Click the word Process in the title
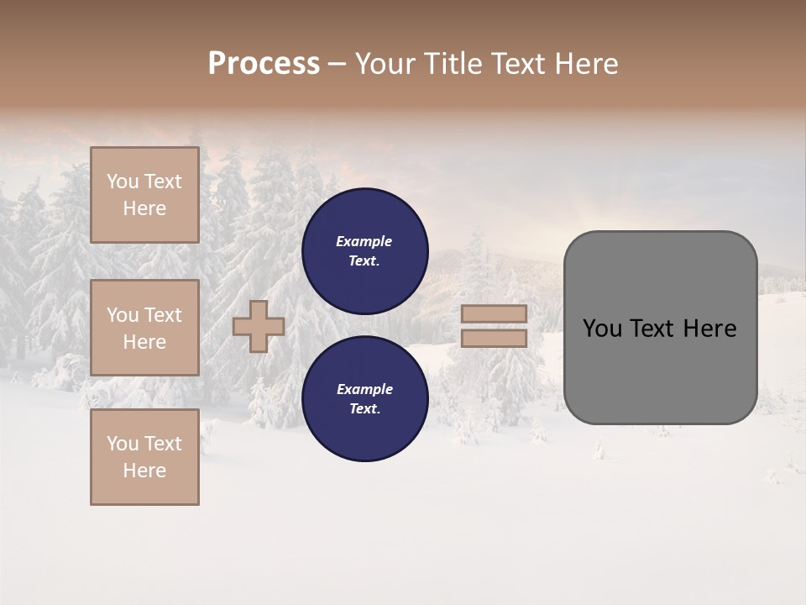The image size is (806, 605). pyautogui.click(x=264, y=64)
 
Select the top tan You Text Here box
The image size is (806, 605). pyautogui.click(x=144, y=195)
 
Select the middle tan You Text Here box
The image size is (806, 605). pyautogui.click(x=144, y=328)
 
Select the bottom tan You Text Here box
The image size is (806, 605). pyautogui.click(x=144, y=457)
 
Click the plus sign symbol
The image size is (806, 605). pyautogui.click(x=259, y=327)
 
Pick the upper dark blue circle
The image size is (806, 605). pyautogui.click(x=364, y=250)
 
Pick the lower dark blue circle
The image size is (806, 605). pyautogui.click(x=364, y=398)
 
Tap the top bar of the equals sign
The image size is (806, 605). pyautogui.click(x=494, y=314)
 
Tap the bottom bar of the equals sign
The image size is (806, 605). pyautogui.click(x=494, y=339)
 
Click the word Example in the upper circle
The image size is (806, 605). pyautogui.click(x=364, y=241)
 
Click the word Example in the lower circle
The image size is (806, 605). pyautogui.click(x=364, y=389)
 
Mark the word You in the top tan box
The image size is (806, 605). pyautogui.click(x=123, y=181)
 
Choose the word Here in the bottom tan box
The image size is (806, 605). pyautogui.click(x=144, y=471)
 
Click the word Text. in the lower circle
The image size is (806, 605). pyautogui.click(x=364, y=409)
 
